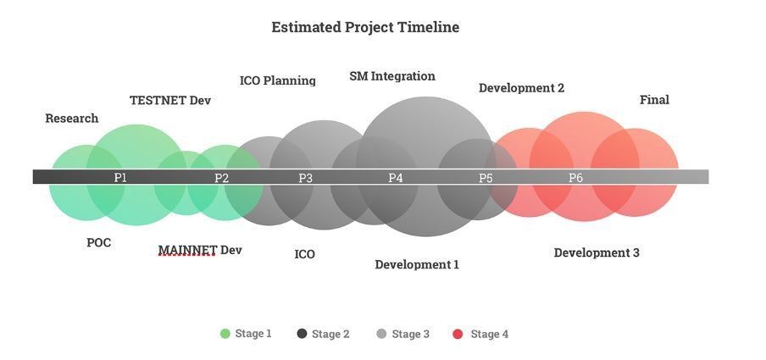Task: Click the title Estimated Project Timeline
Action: (x=365, y=27)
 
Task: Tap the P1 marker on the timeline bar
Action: (x=120, y=177)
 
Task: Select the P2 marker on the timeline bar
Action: (x=221, y=178)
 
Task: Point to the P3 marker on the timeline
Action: (x=305, y=178)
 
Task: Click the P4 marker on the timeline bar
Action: (x=396, y=178)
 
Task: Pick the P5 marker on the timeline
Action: (x=486, y=178)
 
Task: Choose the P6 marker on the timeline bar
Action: (x=576, y=178)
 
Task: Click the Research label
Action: (x=72, y=119)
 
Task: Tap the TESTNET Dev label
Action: (x=170, y=100)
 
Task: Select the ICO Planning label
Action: (x=277, y=80)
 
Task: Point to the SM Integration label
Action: (x=392, y=76)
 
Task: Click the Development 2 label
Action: (x=521, y=88)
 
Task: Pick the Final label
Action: (x=655, y=100)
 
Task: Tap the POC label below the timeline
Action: (x=98, y=243)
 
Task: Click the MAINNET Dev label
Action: (x=200, y=250)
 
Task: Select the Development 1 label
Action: (x=417, y=265)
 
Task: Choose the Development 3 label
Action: (x=597, y=253)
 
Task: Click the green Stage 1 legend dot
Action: (x=225, y=334)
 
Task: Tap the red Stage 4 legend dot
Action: (x=458, y=334)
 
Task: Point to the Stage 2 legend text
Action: (x=330, y=334)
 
